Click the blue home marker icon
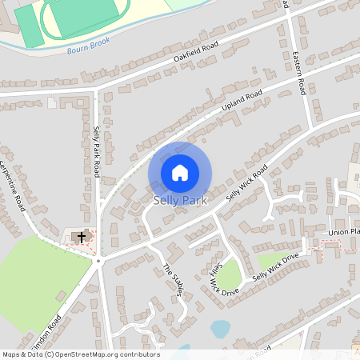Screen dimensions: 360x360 [180, 172]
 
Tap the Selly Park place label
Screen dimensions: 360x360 [180, 200]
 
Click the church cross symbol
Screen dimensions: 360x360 [80, 237]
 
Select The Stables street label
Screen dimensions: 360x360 [174, 279]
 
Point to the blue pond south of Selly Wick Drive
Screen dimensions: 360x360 [220, 328]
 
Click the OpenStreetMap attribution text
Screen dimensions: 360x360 [80, 354]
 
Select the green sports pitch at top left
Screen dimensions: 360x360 [30, 24]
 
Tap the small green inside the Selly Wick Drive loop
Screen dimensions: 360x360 [230, 276]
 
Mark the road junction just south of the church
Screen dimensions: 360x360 [99, 261]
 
